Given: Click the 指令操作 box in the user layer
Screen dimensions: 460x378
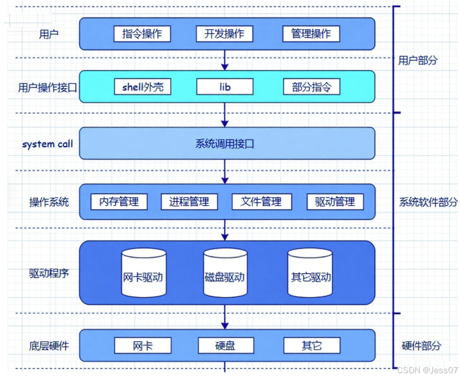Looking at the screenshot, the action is [x=143, y=34].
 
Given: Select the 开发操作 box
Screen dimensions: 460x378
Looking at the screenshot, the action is [x=224, y=34].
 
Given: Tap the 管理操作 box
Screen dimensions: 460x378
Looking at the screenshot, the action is [x=311, y=34].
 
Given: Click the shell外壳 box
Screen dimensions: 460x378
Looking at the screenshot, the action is [x=143, y=87].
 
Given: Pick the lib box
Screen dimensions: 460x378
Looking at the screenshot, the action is [x=225, y=87].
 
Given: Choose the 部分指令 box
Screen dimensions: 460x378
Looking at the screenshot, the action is [x=312, y=87].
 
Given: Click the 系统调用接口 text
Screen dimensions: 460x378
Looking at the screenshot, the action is [x=225, y=144].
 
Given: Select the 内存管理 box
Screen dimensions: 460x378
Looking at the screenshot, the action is [x=119, y=202].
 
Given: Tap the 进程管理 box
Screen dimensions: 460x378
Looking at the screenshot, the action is [x=189, y=202].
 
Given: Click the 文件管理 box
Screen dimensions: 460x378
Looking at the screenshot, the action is [x=261, y=202].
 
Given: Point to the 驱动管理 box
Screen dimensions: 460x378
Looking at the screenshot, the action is [x=335, y=202].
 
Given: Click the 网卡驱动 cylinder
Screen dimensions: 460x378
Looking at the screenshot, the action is [x=144, y=273].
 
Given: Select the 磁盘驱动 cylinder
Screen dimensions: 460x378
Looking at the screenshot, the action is [x=225, y=273].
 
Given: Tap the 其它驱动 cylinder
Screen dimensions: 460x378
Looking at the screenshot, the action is [x=310, y=273].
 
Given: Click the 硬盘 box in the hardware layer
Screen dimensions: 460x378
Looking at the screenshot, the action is [x=226, y=345].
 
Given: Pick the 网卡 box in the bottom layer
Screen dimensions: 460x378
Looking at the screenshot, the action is [x=143, y=345].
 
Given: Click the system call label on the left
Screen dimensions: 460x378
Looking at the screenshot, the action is [x=48, y=144].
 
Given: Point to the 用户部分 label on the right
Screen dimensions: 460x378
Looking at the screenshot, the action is [x=418, y=60].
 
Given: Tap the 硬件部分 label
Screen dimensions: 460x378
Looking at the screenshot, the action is [x=421, y=345].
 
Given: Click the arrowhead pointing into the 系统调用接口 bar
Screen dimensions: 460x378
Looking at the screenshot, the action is [x=225, y=124].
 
